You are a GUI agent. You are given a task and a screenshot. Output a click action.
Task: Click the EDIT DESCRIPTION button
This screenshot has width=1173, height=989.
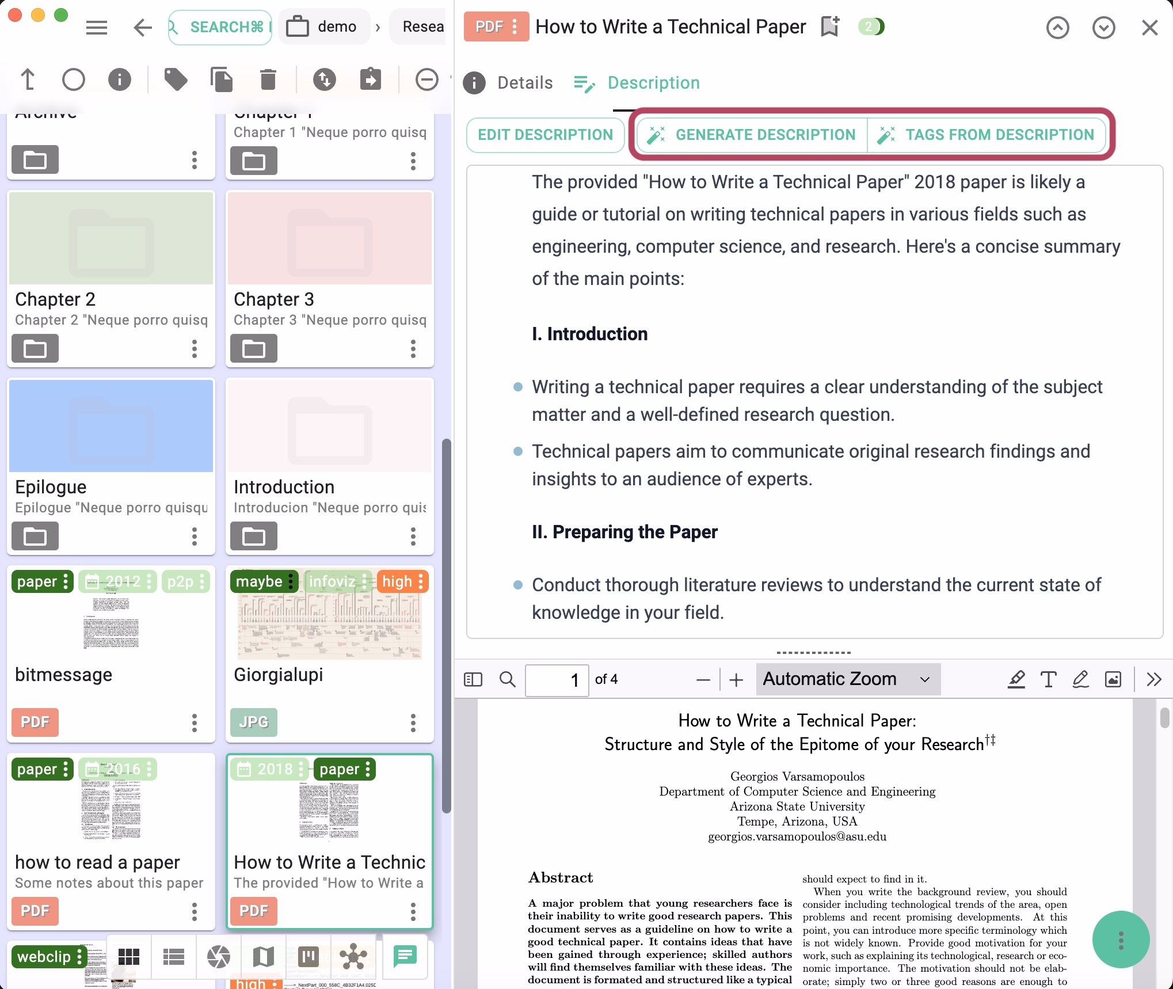(x=545, y=135)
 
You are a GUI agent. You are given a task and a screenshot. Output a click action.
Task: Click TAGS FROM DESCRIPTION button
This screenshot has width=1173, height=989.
(x=986, y=135)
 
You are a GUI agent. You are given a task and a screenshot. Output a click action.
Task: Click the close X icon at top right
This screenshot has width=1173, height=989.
(x=1149, y=27)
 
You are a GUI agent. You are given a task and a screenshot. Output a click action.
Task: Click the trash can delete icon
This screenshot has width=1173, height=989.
(x=268, y=79)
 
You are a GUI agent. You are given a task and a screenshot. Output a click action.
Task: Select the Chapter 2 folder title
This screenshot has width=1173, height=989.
(x=55, y=299)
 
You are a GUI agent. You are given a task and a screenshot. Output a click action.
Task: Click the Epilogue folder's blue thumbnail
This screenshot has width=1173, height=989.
(x=111, y=426)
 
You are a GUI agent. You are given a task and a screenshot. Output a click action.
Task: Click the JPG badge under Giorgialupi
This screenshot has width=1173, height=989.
(x=253, y=722)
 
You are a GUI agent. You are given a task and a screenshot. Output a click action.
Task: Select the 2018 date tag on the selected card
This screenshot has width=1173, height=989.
(x=269, y=769)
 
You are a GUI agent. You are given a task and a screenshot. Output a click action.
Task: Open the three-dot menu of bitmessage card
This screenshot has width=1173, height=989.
(x=195, y=722)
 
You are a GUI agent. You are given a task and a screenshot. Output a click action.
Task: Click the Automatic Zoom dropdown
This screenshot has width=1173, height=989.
(x=847, y=679)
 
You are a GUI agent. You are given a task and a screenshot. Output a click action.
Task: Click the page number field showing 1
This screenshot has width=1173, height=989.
(x=557, y=680)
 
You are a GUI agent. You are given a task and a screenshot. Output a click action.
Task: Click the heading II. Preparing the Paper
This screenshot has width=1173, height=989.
(x=624, y=532)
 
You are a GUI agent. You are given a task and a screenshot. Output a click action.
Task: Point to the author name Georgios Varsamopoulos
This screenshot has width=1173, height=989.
(x=797, y=777)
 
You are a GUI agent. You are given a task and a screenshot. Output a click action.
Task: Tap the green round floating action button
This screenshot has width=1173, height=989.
(x=1121, y=940)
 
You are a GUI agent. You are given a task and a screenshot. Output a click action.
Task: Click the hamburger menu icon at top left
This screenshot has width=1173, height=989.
(x=97, y=27)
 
